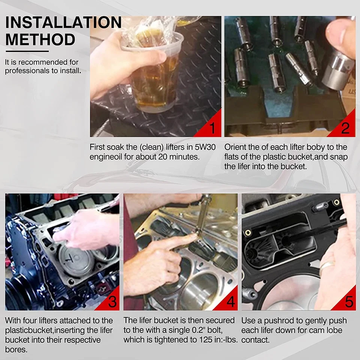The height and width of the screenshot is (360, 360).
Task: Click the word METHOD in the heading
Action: click(40, 39)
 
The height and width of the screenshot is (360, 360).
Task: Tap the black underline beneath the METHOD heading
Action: click(27, 51)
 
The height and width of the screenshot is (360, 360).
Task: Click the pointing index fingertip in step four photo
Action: click(194, 237)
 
